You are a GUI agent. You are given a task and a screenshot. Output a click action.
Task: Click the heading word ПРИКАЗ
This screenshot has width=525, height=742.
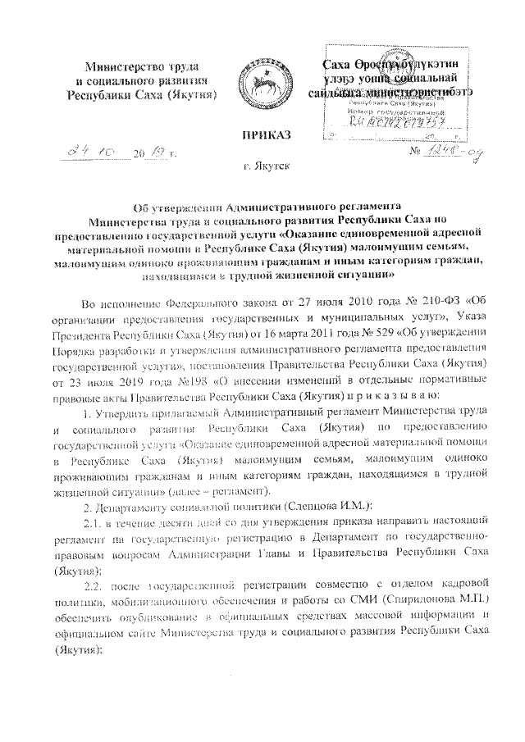point(263,134)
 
